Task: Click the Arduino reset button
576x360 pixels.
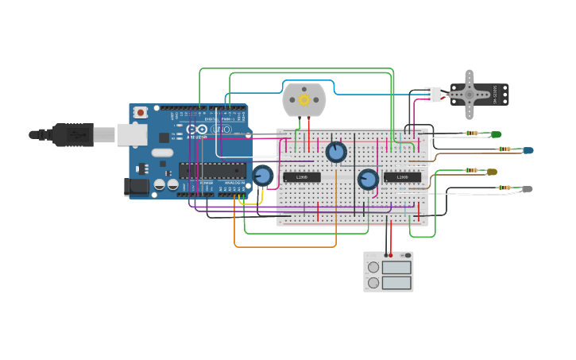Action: (141, 113)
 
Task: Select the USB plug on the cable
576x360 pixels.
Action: (73, 135)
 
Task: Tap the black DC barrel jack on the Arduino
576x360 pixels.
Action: (135, 187)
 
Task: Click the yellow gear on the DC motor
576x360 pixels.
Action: (303, 99)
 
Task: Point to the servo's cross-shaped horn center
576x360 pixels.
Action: (469, 94)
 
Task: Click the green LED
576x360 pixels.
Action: (496, 134)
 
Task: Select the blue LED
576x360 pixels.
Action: (528, 150)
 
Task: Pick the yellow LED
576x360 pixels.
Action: (492, 172)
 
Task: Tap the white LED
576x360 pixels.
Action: (527, 189)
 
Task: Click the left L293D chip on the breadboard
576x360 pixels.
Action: (302, 176)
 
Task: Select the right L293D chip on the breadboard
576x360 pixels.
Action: (402, 176)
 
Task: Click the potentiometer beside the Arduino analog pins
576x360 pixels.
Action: (263, 176)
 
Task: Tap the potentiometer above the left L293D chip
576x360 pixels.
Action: (336, 152)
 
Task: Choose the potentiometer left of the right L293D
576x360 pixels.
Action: (368, 179)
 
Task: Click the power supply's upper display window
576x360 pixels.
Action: (396, 267)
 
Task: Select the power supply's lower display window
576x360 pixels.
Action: (396, 282)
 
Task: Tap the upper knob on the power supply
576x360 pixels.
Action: (373, 268)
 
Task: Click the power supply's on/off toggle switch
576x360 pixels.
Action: (406, 255)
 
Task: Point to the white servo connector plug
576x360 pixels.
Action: (432, 94)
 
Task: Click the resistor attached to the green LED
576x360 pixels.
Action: (473, 134)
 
